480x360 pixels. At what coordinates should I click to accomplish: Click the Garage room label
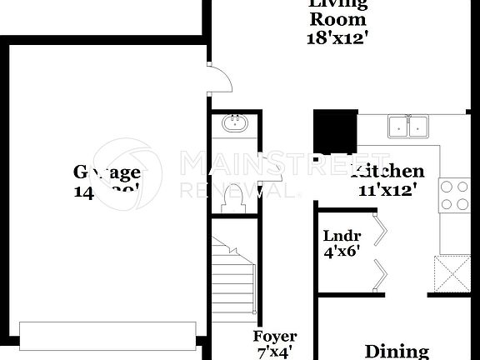click(x=107, y=172)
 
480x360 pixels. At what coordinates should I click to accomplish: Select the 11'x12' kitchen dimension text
click(x=387, y=189)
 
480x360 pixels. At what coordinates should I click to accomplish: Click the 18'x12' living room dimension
click(x=337, y=37)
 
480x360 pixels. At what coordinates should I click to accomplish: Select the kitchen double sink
click(x=408, y=127)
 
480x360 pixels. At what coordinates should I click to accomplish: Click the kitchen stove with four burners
click(x=454, y=196)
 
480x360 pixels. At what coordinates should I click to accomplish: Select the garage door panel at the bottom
click(x=108, y=336)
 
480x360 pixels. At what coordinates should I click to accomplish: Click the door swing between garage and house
click(x=218, y=79)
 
